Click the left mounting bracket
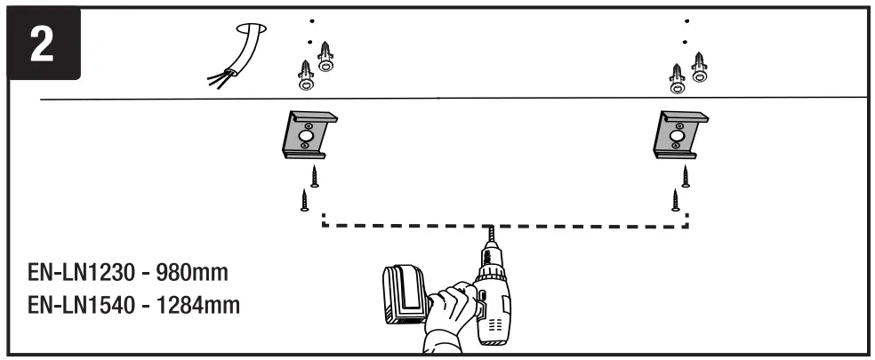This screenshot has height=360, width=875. point(309,136)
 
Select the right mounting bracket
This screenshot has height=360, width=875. point(681,136)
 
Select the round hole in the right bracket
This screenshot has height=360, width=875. point(680,134)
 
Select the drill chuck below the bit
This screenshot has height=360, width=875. point(490,259)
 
